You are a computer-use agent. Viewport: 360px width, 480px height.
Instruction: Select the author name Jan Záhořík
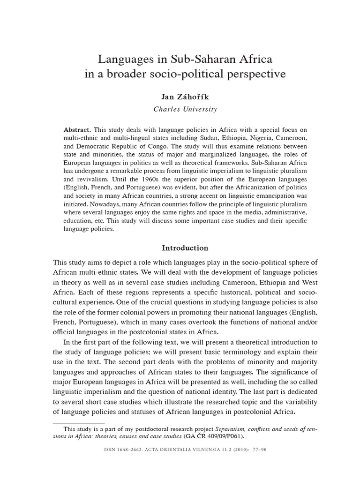click(x=186, y=97)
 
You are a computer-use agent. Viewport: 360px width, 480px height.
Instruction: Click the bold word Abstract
click(x=77, y=129)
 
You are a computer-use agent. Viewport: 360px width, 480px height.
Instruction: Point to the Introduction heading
click(x=185, y=247)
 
